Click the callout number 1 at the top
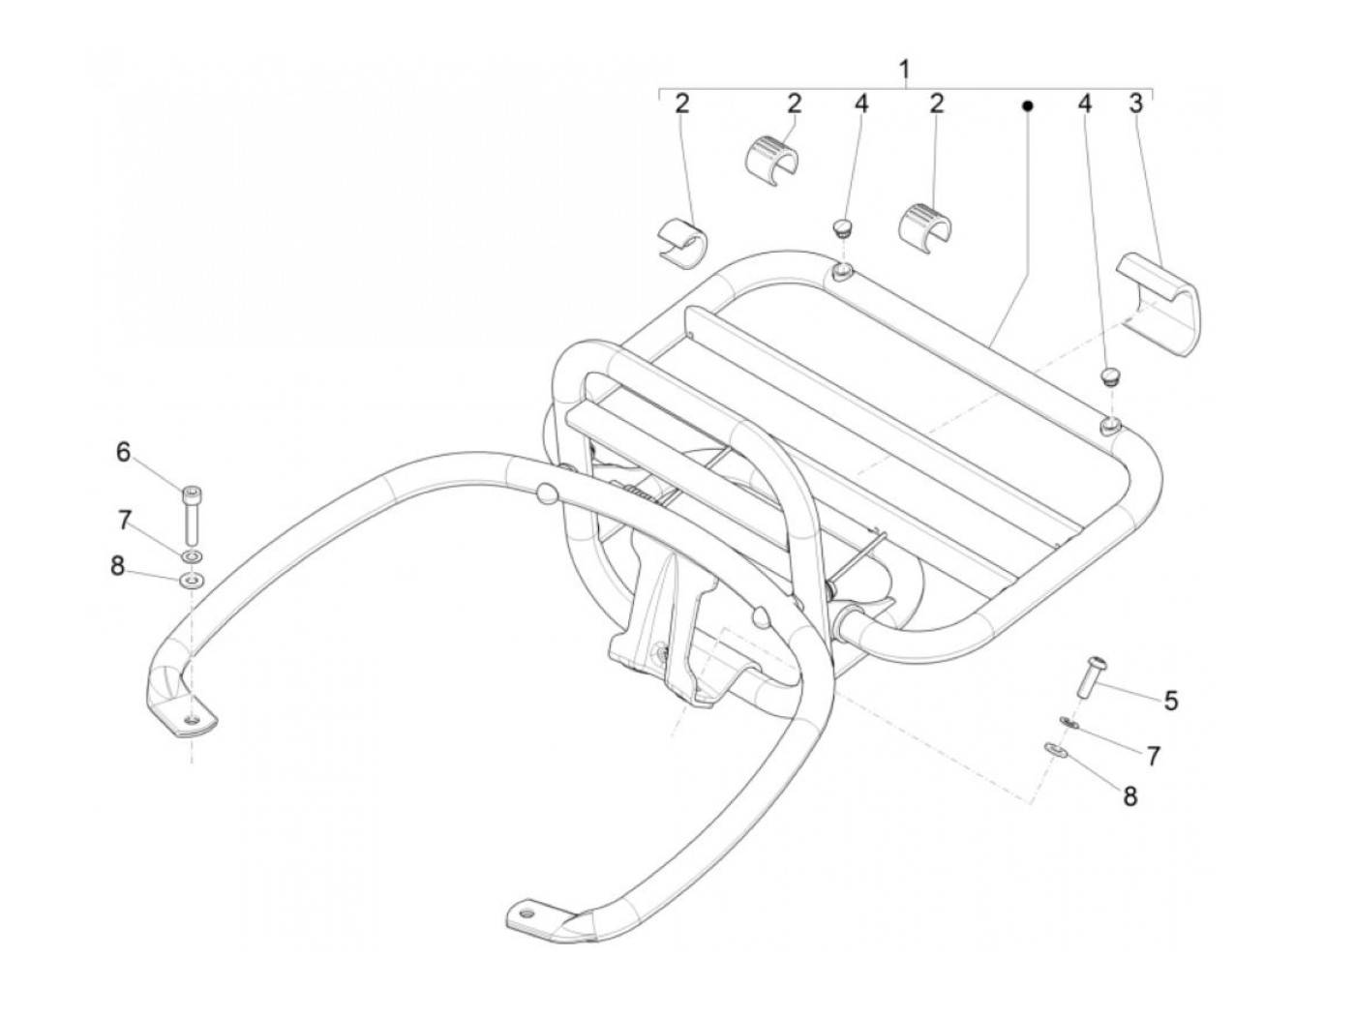click(904, 70)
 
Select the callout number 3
click(1136, 104)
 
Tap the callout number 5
click(1170, 700)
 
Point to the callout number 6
click(123, 452)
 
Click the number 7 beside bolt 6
click(123, 522)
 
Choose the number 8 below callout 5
click(1129, 795)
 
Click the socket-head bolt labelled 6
click(192, 514)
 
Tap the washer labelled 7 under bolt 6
click(192, 556)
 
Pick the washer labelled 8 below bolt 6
click(192, 581)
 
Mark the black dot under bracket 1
click(1028, 105)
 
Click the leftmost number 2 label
click(682, 104)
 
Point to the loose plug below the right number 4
click(1111, 374)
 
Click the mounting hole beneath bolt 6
click(193, 718)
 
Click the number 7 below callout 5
click(1152, 756)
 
